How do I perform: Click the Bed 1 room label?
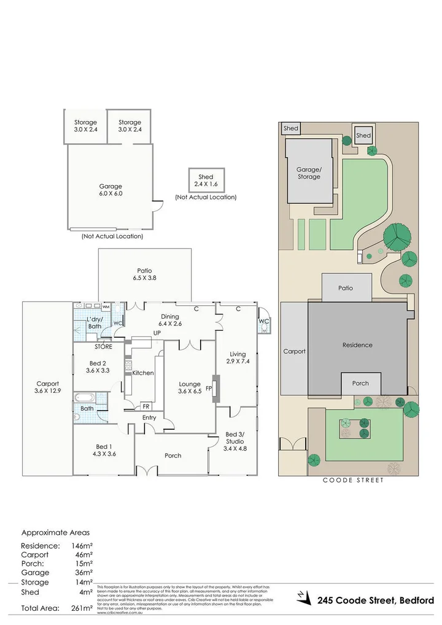pos(103,449)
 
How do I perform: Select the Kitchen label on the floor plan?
pos(143,373)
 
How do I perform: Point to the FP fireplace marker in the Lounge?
pos(209,389)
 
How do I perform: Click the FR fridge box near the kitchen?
pos(146,406)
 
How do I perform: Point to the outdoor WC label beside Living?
pos(263,321)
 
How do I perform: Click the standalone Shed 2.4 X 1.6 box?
pos(206,180)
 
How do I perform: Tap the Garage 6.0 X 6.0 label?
pos(111,190)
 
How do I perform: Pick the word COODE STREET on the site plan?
pos(353,481)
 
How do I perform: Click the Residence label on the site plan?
pos(357,345)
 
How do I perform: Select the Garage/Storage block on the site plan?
pos(309,173)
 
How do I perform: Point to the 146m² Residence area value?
pos(82,545)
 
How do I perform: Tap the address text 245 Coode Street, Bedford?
pos(376,600)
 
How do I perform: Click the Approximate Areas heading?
pos(55,533)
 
